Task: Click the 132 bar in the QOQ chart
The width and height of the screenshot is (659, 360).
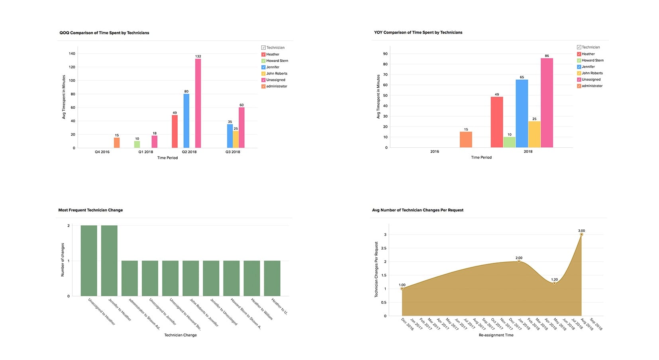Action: (x=198, y=104)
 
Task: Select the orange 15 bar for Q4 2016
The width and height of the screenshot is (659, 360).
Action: (x=117, y=143)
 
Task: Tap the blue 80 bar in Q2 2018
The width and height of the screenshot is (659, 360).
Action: (x=186, y=121)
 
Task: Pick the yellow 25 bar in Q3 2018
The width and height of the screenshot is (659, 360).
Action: (x=236, y=139)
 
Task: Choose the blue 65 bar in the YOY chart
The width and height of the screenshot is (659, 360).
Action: (x=522, y=113)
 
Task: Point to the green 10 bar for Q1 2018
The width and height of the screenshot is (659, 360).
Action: (x=137, y=145)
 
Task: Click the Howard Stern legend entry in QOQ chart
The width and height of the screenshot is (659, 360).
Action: (x=277, y=61)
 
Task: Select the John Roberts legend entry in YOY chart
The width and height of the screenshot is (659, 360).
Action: (x=592, y=73)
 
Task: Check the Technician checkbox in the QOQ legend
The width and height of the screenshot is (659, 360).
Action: (x=263, y=48)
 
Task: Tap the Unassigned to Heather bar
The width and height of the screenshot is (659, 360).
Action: (x=89, y=261)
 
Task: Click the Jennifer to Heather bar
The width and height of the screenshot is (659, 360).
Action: (x=109, y=261)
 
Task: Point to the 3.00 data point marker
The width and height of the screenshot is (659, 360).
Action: (x=581, y=235)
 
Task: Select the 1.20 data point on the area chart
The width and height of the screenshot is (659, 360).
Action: (x=554, y=283)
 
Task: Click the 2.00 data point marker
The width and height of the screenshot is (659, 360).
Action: (x=519, y=262)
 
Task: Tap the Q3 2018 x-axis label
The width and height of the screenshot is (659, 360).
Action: (x=233, y=152)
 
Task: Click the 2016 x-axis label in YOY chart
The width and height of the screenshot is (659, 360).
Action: (x=435, y=152)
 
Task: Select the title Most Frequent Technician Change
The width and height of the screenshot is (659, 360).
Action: (x=90, y=210)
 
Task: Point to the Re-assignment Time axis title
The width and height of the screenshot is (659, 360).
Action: (x=496, y=335)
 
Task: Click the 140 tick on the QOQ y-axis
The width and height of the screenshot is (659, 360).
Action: (x=72, y=54)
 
